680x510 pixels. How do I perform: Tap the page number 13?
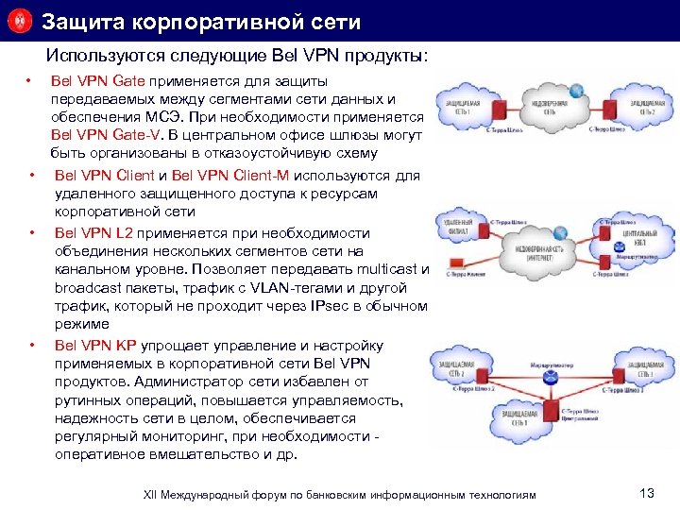[x=647, y=493]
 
